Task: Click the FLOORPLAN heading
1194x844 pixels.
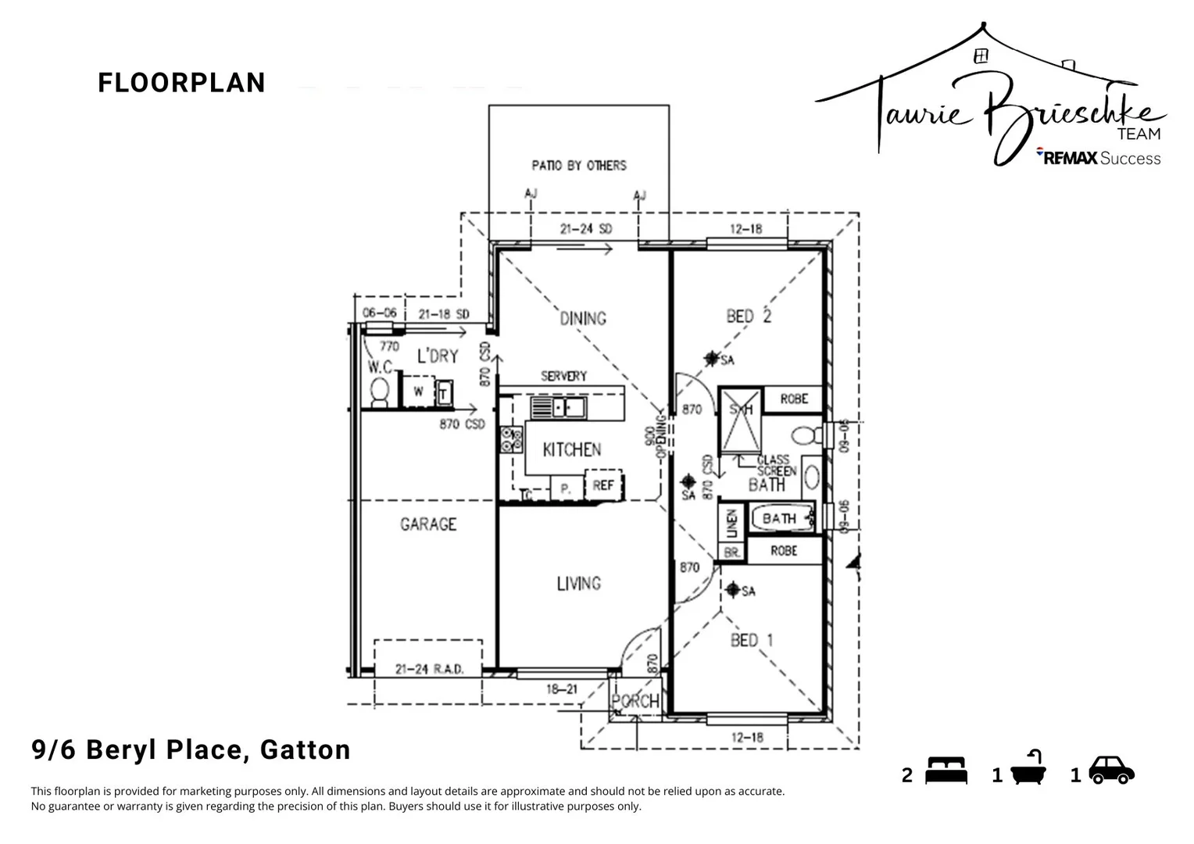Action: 181,83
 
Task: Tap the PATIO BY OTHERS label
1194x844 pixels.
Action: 578,166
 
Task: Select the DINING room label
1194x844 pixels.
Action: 583,318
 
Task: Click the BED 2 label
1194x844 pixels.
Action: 748,316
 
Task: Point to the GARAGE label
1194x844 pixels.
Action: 428,524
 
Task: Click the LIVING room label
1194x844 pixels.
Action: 578,584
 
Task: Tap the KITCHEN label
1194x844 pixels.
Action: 572,450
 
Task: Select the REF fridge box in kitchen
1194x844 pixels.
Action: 603,485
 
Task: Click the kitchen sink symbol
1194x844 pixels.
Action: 558,407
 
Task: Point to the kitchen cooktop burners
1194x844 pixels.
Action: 511,440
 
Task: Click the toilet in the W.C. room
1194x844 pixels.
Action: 380,392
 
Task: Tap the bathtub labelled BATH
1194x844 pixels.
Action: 781,518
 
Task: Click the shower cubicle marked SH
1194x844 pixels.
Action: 740,420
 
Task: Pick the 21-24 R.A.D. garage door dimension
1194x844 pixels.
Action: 429,670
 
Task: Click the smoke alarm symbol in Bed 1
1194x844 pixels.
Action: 733,589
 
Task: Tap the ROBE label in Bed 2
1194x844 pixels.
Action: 794,399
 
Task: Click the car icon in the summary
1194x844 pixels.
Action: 1111,770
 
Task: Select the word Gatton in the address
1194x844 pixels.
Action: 305,750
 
